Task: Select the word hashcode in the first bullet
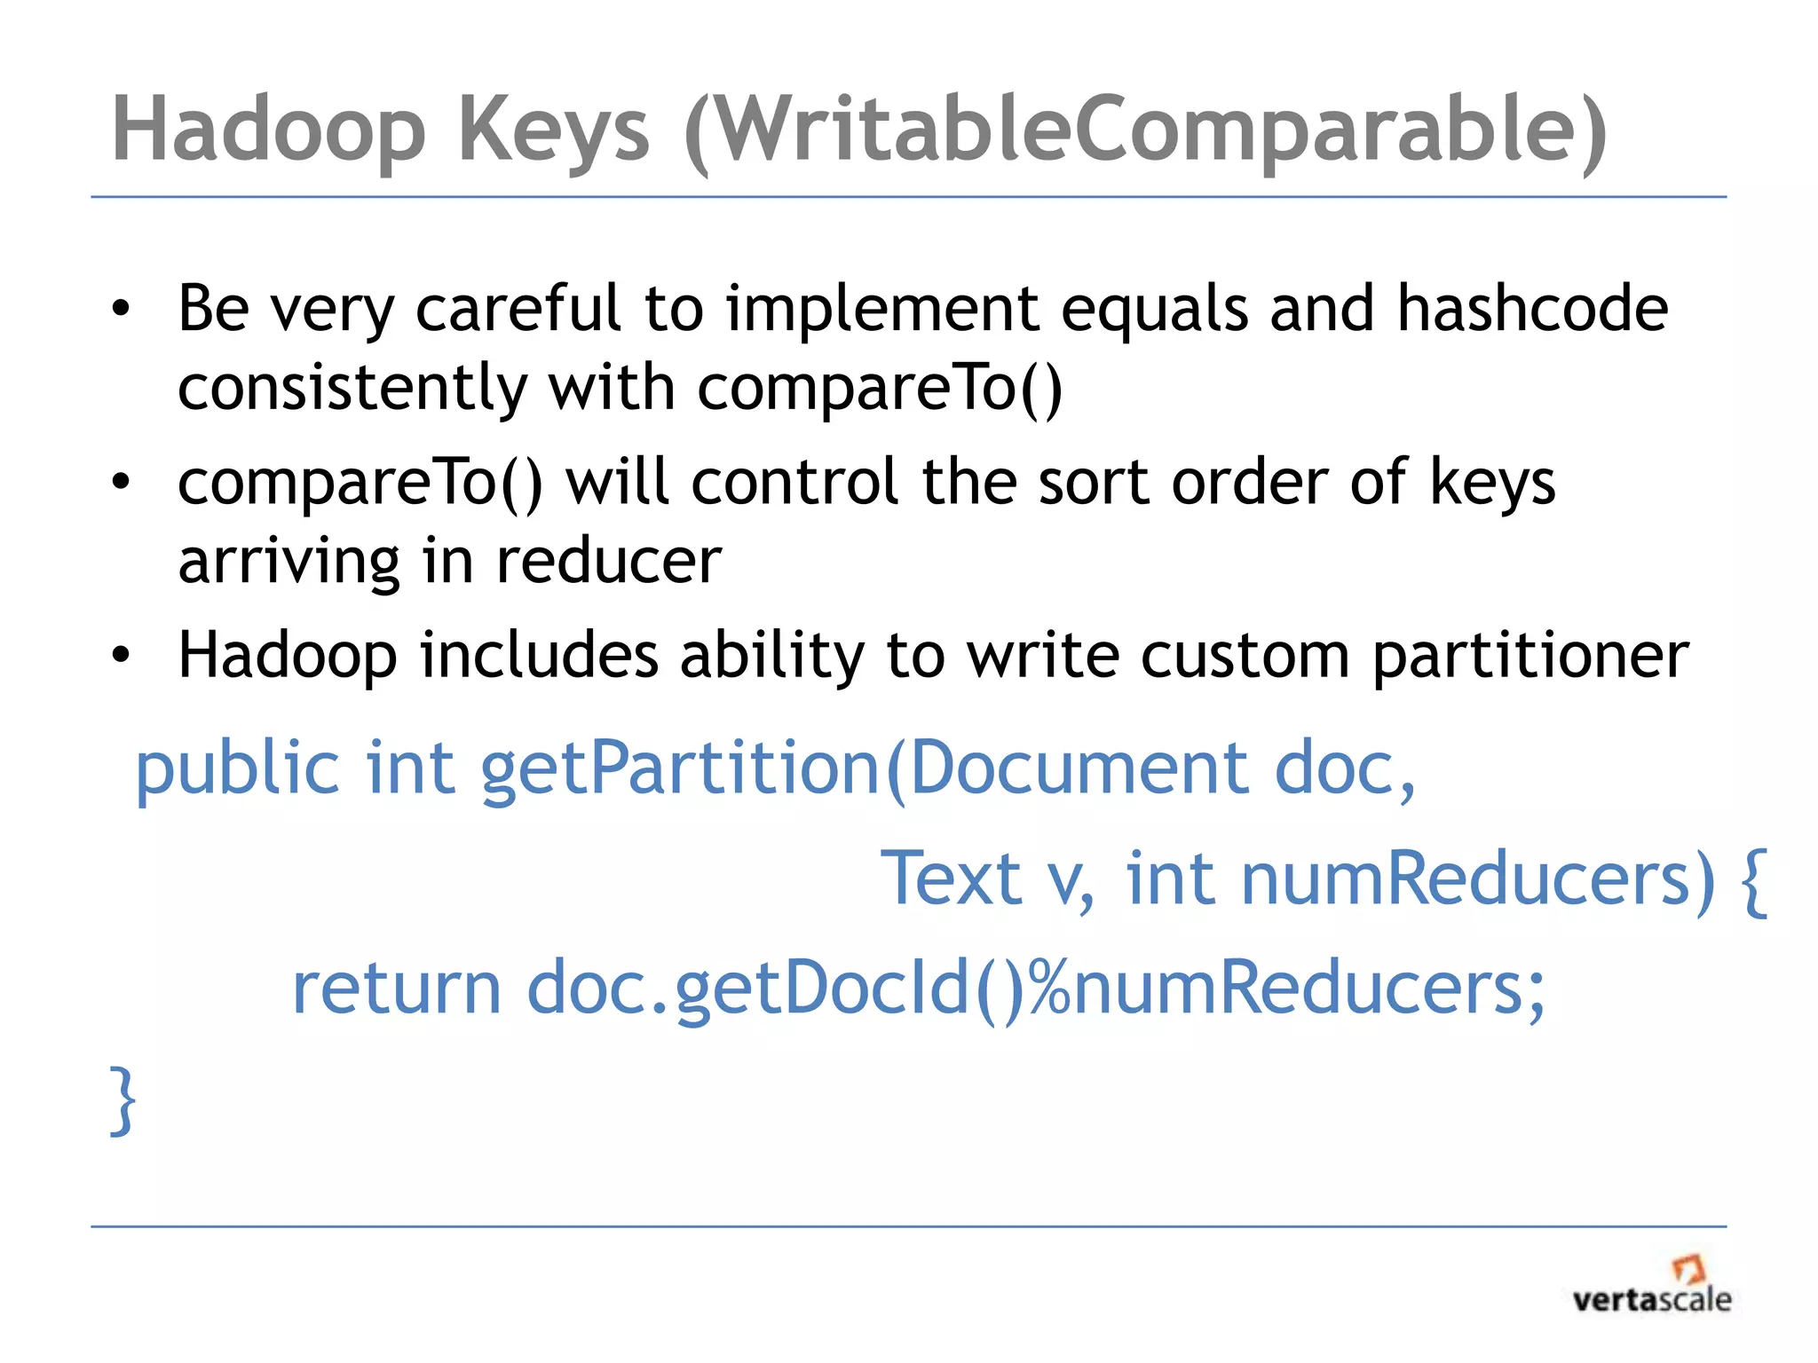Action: pyautogui.click(x=1532, y=308)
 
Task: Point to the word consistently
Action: pyautogui.click(x=352, y=389)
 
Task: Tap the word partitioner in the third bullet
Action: pyautogui.click(x=1530, y=656)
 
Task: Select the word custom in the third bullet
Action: pyautogui.click(x=1245, y=656)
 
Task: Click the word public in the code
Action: pyautogui.click(x=237, y=768)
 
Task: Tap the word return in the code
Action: pyautogui.click(x=397, y=988)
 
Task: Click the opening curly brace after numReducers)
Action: pyautogui.click(x=1754, y=880)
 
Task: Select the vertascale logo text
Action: pyautogui.click(x=1651, y=1300)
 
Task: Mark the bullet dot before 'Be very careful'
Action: pyautogui.click(x=121, y=310)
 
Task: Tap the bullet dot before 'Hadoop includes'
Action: pyautogui.click(x=121, y=656)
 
